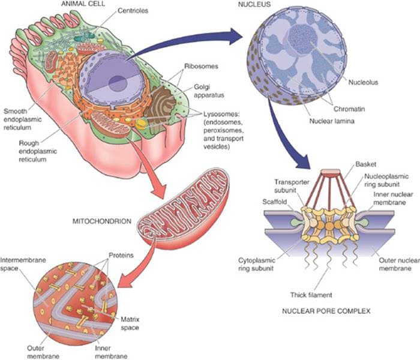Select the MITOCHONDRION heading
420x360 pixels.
tap(100, 221)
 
